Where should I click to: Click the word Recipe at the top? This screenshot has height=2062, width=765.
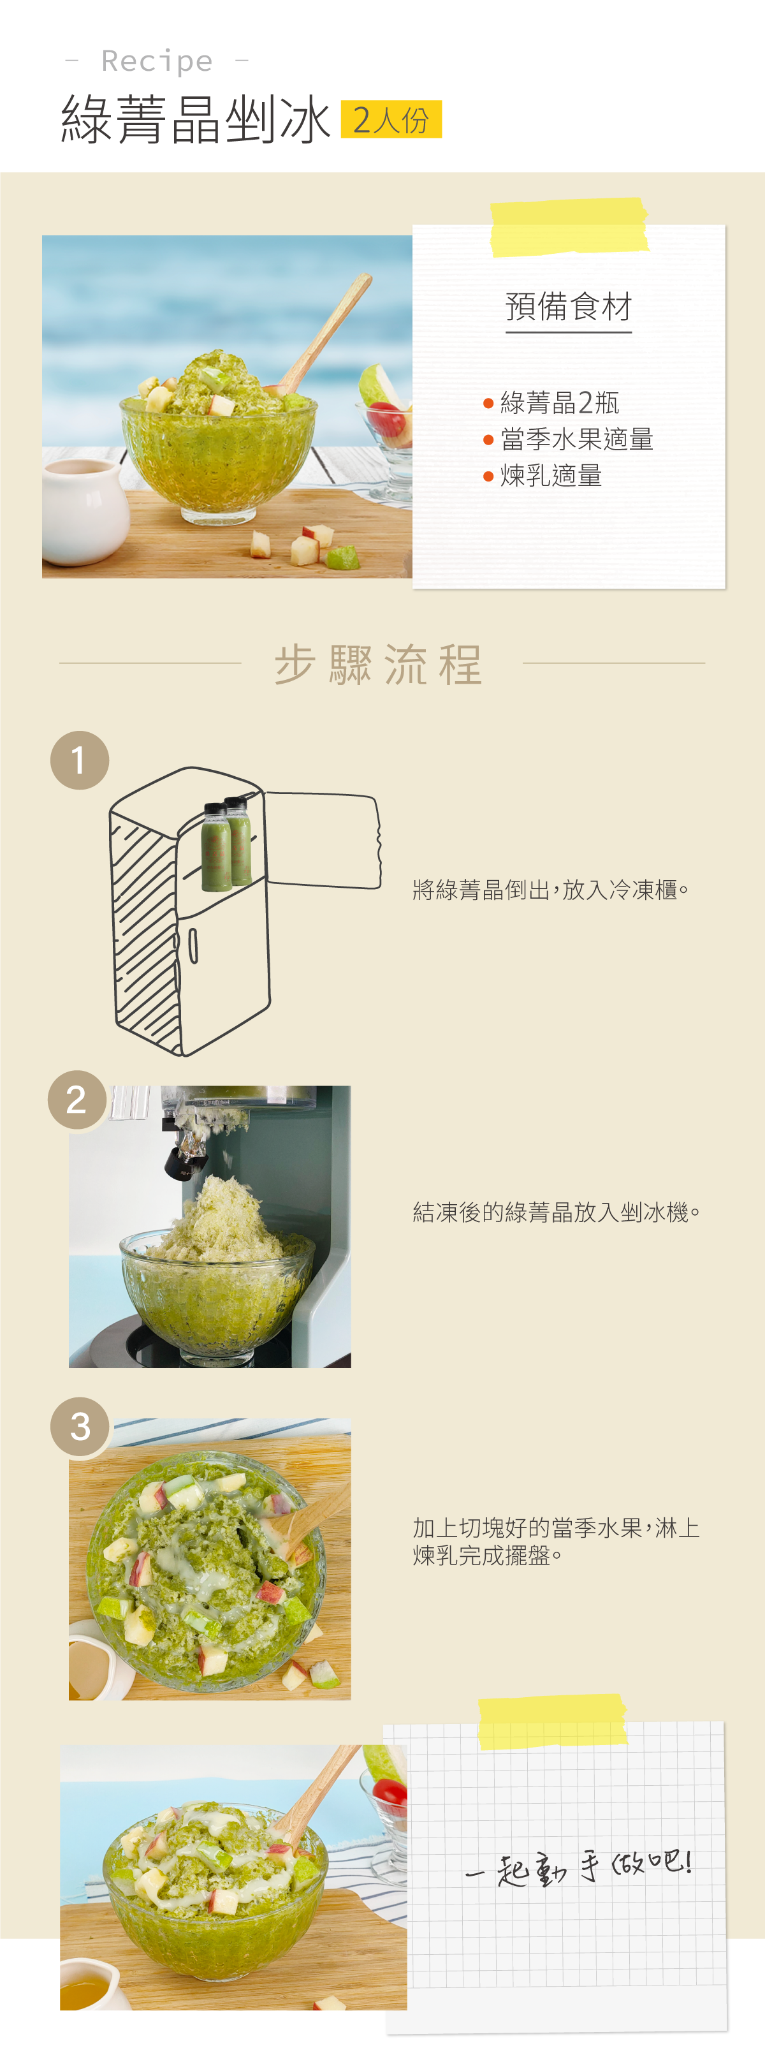157,61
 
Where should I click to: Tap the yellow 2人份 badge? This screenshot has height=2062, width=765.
391,119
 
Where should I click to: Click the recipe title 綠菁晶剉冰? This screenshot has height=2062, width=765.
195,120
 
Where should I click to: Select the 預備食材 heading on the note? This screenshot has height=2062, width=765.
568,307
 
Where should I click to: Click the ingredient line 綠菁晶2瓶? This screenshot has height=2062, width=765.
559,402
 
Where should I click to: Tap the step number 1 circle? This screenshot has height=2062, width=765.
79,760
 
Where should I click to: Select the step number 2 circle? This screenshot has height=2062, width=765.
77,1099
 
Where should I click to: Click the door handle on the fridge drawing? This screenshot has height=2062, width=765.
193,945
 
